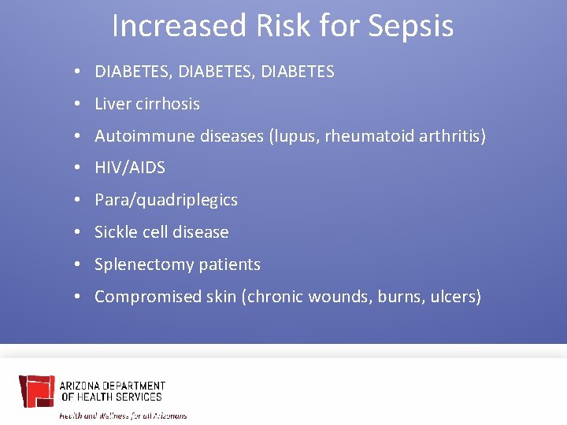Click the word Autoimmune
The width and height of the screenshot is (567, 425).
(139, 136)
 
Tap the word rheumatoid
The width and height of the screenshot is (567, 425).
(369, 136)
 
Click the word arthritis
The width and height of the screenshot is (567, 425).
(451, 136)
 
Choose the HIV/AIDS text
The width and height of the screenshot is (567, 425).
(130, 168)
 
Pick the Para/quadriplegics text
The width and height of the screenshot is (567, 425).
(165, 201)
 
